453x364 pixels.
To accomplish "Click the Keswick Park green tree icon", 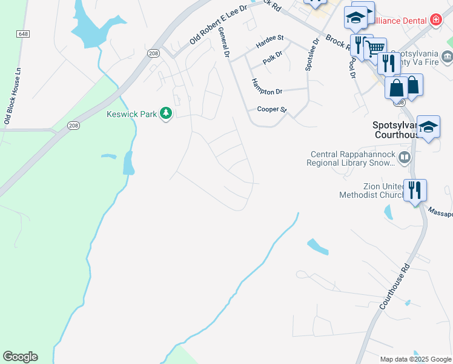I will click(x=165, y=113).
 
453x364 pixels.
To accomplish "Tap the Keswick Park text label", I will click(x=131, y=113).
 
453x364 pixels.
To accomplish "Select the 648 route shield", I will click(x=23, y=34).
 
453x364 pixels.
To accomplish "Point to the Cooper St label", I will click(x=271, y=110).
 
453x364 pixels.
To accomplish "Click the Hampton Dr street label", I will click(x=267, y=87).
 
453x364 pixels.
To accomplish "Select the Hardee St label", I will click(x=269, y=41).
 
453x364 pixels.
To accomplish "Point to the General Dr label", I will click(x=224, y=43).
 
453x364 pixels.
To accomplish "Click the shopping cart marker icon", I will click(x=375, y=47).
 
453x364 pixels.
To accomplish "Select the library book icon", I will click(x=405, y=158).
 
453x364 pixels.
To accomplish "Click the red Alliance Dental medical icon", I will click(x=435, y=20).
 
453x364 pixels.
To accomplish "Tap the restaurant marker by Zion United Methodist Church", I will click(x=415, y=190).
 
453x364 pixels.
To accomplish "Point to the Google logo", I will click(x=20, y=357).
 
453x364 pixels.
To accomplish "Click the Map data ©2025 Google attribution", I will click(x=415, y=359).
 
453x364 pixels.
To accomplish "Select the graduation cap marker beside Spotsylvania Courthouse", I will click(x=428, y=126).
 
